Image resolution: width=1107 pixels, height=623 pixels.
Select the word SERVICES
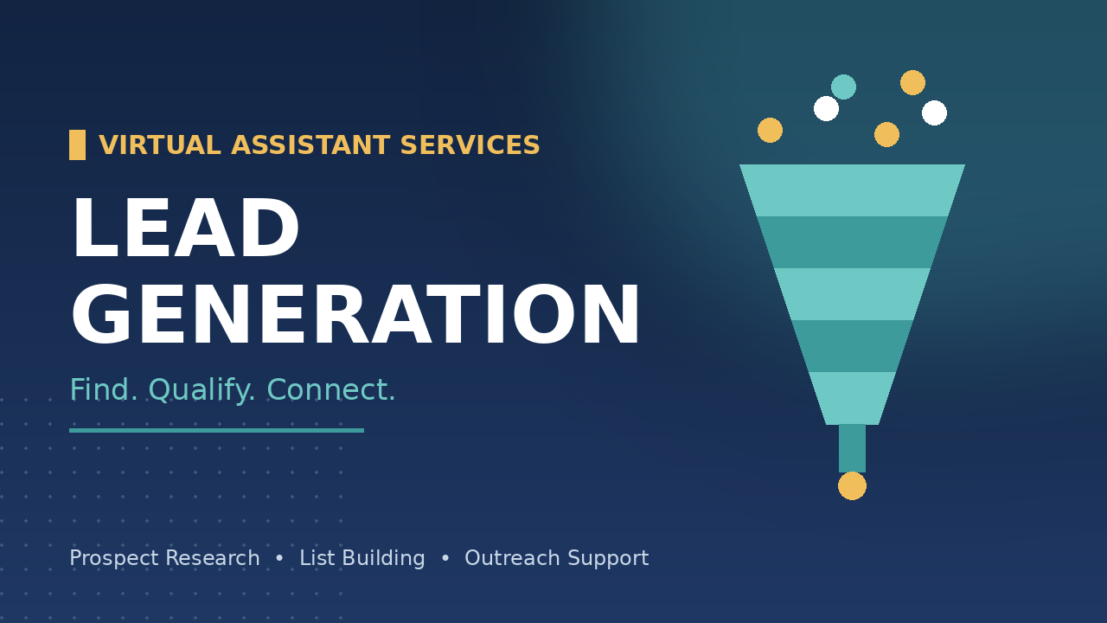point(470,145)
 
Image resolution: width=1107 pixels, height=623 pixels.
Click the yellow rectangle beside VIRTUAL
point(77,145)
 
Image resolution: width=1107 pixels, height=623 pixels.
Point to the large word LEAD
point(186,228)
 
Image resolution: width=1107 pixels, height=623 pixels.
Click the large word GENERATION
point(355,314)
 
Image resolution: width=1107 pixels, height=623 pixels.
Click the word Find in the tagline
point(103,389)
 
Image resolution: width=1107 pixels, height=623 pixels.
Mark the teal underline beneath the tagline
point(216,431)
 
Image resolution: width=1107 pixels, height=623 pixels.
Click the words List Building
point(362,559)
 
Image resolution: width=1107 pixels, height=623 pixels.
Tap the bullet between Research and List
point(279,558)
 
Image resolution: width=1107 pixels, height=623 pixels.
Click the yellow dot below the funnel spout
point(852,486)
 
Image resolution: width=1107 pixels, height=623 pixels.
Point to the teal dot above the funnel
point(843,87)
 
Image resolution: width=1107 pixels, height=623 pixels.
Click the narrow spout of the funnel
point(852,448)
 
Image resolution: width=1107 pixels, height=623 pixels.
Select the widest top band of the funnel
point(852,190)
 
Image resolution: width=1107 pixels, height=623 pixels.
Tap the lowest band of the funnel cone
point(852,398)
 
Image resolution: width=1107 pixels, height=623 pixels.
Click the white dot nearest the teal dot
point(826,108)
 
